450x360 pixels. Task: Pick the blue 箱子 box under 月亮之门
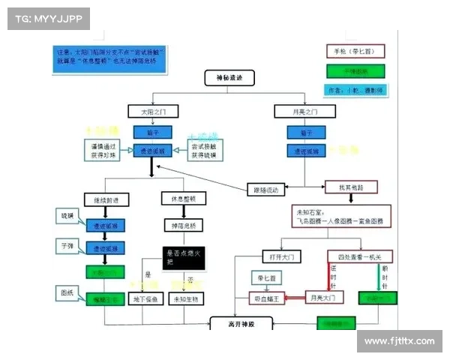click(304, 131)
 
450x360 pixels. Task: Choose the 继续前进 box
click(106, 199)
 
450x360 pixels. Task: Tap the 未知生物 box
click(186, 299)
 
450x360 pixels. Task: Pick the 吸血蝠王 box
click(269, 298)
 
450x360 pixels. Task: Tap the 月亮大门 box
click(324, 298)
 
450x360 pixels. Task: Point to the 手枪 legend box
click(355, 52)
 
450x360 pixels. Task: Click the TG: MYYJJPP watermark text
click(48, 17)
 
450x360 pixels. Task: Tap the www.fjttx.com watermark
click(399, 341)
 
